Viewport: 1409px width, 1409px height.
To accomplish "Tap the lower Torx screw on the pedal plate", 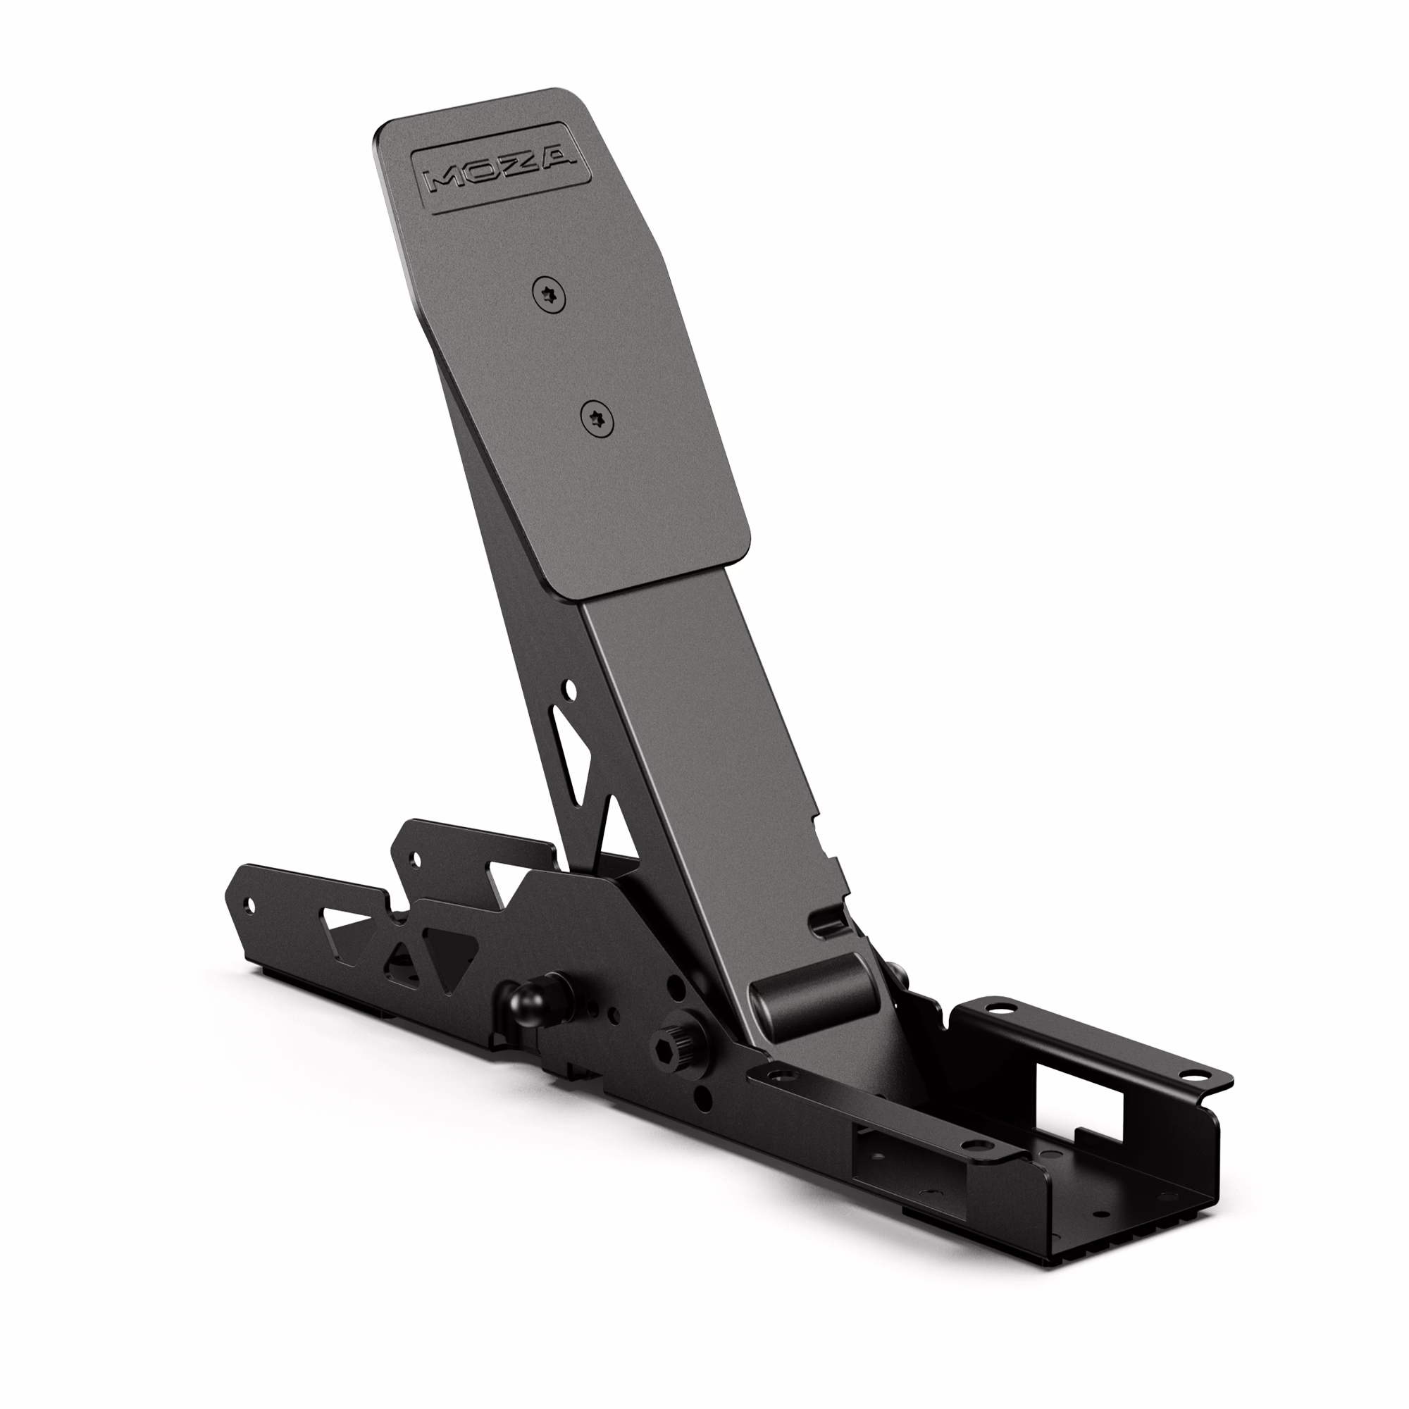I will tap(597, 419).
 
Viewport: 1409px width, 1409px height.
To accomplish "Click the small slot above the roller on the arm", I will tap(826, 920).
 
